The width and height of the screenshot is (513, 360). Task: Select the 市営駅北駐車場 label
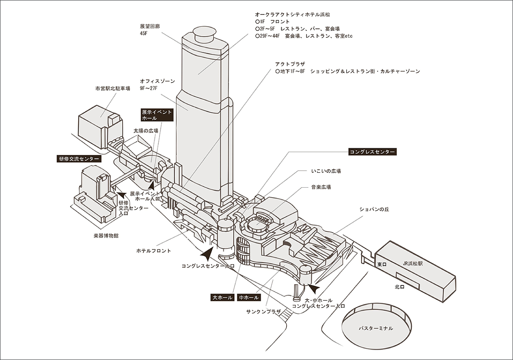113,89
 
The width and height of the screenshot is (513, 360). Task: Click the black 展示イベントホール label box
157,115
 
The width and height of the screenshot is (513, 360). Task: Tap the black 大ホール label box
223,297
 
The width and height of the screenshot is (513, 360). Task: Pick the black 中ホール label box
249,297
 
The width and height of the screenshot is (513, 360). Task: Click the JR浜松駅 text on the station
416,264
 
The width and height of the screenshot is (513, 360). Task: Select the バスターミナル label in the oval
376,328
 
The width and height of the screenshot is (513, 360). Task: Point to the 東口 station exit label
382,265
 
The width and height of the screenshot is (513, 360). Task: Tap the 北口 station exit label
399,287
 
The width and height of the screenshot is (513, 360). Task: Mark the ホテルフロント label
153,251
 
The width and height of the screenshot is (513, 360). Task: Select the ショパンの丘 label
374,209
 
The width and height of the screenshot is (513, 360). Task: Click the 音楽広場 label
321,187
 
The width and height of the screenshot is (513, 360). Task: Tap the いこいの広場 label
326,171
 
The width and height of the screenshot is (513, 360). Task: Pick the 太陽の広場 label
146,131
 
